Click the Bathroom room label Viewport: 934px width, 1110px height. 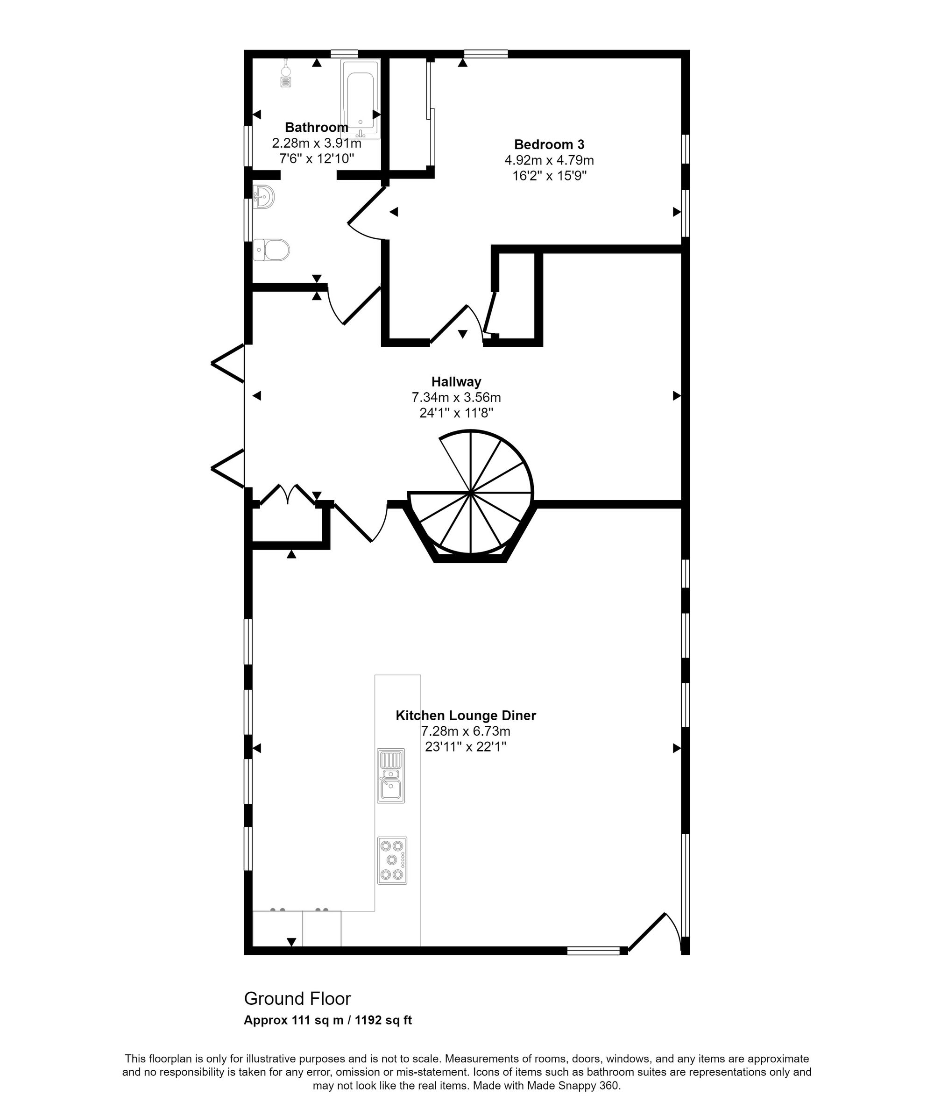tap(316, 127)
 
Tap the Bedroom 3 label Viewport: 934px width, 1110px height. tap(549, 144)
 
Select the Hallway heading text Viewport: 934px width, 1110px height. tap(456, 381)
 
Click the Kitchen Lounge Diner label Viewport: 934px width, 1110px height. tap(466, 715)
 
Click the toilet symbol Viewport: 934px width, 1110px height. tap(272, 250)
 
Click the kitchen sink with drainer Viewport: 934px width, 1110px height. tap(391, 775)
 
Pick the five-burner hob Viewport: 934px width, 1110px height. tap(392, 860)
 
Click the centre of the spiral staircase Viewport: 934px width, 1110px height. tap(470, 494)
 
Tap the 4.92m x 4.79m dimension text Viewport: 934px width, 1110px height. tap(549, 160)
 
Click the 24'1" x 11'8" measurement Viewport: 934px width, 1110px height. tap(456, 413)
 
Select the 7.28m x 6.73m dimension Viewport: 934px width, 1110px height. tap(466, 731)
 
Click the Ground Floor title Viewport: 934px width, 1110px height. tap(297, 999)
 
